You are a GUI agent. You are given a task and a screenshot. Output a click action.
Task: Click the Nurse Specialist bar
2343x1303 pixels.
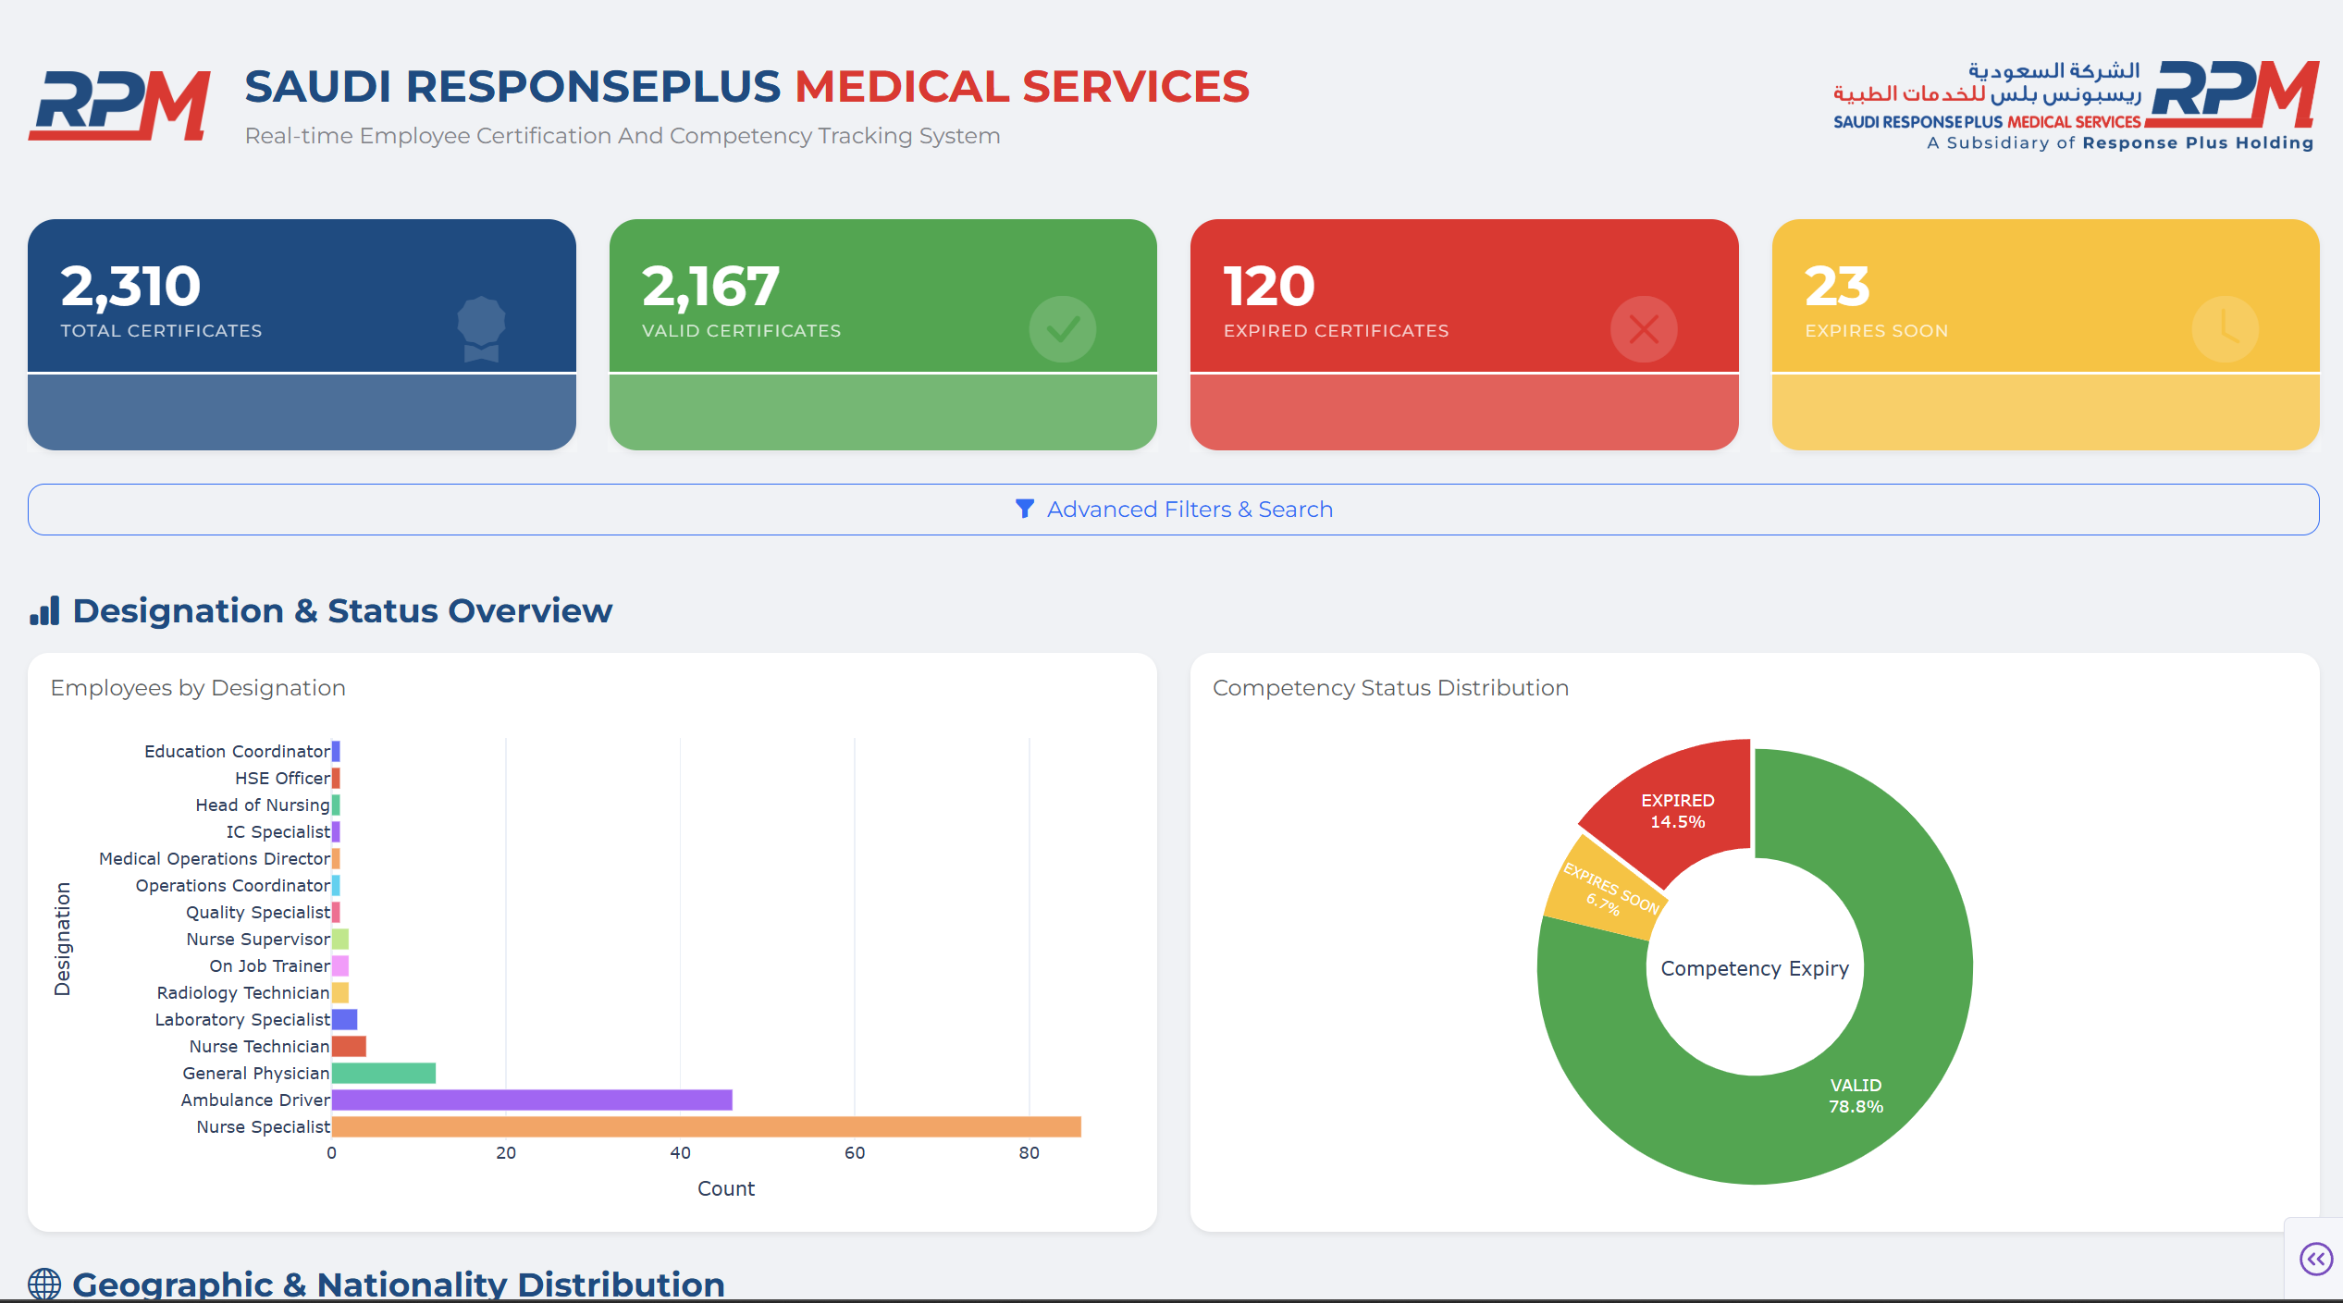[x=706, y=1126]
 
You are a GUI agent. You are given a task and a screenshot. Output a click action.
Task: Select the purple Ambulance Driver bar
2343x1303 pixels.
[x=532, y=1100]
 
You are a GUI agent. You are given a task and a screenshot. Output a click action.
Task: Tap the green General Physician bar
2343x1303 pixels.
[x=383, y=1073]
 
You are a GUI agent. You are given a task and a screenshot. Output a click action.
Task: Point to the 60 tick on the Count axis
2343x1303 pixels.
[x=854, y=1153]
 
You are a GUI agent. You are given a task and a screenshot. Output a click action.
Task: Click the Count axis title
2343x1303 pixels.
[x=725, y=1188]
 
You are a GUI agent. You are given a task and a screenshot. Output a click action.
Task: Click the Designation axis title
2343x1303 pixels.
[x=62, y=939]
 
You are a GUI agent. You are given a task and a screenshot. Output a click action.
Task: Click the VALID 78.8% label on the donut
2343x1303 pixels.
[x=1855, y=1096]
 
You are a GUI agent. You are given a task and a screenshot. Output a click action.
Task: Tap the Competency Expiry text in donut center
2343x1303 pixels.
[x=1754, y=968]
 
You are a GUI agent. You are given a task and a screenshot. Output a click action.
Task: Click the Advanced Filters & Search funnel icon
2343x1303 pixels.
[x=1024, y=509]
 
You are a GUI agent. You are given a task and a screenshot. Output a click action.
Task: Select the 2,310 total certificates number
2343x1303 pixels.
[x=130, y=286]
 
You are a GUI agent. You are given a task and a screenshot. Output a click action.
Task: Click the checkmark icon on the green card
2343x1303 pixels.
[x=1062, y=329]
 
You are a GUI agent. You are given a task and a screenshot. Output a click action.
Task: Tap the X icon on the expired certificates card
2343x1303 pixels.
[x=1643, y=329]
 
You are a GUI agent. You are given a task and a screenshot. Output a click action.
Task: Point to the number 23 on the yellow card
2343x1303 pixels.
[x=1836, y=286]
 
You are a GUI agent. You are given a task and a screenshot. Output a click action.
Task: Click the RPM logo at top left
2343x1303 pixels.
[x=120, y=104]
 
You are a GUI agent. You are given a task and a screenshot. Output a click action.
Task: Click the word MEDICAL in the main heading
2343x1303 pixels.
[x=902, y=87]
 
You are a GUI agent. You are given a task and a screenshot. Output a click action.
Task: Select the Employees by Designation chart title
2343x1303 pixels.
[x=198, y=688]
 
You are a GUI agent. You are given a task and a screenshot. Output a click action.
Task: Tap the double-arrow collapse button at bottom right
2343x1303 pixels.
[x=2315, y=1259]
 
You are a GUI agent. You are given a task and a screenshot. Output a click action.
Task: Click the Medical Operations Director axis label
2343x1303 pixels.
[x=214, y=858]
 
